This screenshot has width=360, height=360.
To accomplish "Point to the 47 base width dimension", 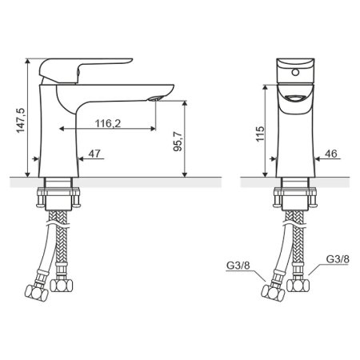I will point(94,152).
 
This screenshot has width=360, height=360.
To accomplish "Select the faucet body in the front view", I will point(295,136).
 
